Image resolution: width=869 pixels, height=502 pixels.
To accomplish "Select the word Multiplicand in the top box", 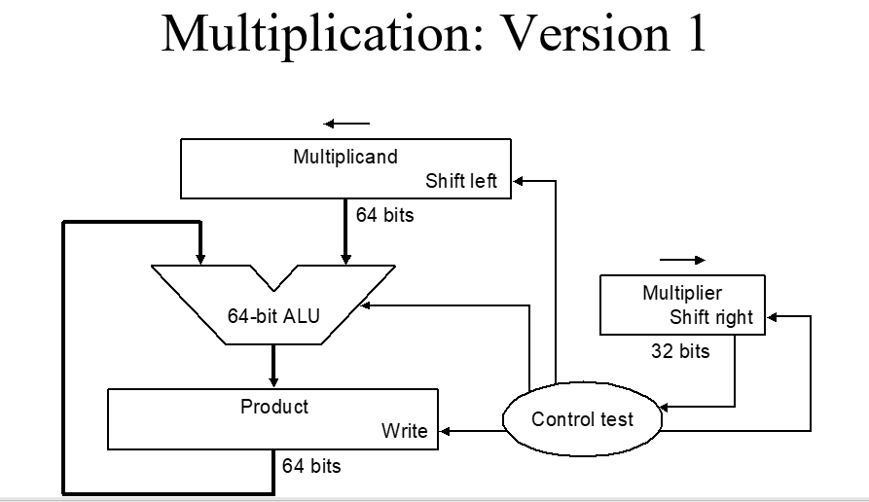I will click(x=345, y=157).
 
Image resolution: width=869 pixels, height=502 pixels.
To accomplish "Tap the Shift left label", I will click(x=460, y=181).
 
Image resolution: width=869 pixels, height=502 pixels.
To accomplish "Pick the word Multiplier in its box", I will click(x=682, y=293).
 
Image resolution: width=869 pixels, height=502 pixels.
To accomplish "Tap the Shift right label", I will click(x=710, y=317).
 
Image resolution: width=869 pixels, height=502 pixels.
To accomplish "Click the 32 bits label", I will click(x=680, y=351).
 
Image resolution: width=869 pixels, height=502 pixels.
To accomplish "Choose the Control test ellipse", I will click(x=582, y=419).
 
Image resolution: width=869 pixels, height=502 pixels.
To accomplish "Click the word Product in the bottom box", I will click(x=274, y=407).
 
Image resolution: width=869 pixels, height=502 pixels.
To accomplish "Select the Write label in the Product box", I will click(x=404, y=431).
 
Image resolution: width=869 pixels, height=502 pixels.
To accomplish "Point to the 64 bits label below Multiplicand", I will click(x=384, y=215).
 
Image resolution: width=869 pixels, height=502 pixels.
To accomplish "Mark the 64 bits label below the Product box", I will click(x=311, y=466).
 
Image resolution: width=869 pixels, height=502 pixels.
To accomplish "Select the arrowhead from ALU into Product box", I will click(x=273, y=381).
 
